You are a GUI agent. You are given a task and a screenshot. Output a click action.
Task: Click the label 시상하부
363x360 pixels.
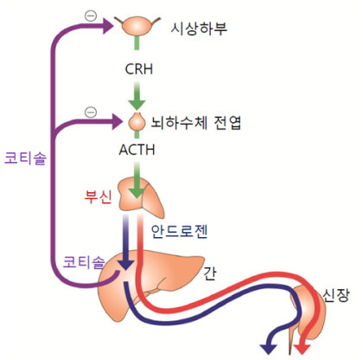pyautogui.click(x=199, y=29)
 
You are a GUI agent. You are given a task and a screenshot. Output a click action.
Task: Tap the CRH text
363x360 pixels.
pyautogui.click(x=139, y=69)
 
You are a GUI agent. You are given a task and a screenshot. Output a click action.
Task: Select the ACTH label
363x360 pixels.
pyautogui.click(x=137, y=150)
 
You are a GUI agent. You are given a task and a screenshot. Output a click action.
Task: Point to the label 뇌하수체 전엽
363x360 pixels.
pyautogui.click(x=196, y=123)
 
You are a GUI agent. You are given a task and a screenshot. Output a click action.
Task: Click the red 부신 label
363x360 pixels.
pyautogui.click(x=98, y=197)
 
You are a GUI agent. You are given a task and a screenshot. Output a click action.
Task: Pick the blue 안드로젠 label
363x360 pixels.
pyautogui.click(x=179, y=231)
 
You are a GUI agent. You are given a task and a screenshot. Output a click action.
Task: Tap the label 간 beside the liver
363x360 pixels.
pyautogui.click(x=210, y=273)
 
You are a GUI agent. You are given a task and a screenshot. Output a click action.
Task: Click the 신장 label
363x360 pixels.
pyautogui.click(x=335, y=295)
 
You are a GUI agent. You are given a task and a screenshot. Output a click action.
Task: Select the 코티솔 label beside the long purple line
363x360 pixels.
pyautogui.click(x=25, y=158)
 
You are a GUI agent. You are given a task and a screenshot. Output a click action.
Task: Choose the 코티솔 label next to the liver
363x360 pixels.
pyautogui.click(x=84, y=262)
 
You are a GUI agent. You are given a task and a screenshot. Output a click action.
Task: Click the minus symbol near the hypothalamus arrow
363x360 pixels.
pyautogui.click(x=91, y=16)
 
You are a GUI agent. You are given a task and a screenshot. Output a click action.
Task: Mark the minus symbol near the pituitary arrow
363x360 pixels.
pyautogui.click(x=91, y=112)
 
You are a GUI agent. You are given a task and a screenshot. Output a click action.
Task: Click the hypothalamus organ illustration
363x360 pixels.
pyautogui.click(x=137, y=26)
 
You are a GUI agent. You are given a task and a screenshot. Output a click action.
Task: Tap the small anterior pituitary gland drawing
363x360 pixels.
pyautogui.click(x=137, y=122)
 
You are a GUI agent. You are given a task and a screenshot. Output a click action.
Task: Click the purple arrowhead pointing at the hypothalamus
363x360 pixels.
pyautogui.click(x=109, y=26)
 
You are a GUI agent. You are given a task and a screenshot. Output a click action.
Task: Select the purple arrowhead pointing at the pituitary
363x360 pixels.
pyautogui.click(x=118, y=121)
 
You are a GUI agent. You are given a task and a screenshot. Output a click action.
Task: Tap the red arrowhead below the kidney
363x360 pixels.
pyautogui.click(x=302, y=349)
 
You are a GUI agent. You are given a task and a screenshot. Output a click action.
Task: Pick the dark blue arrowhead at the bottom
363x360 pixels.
pyautogui.click(x=269, y=349)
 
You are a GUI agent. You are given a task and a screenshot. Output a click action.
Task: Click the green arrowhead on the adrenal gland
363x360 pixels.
pyautogui.click(x=137, y=193)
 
